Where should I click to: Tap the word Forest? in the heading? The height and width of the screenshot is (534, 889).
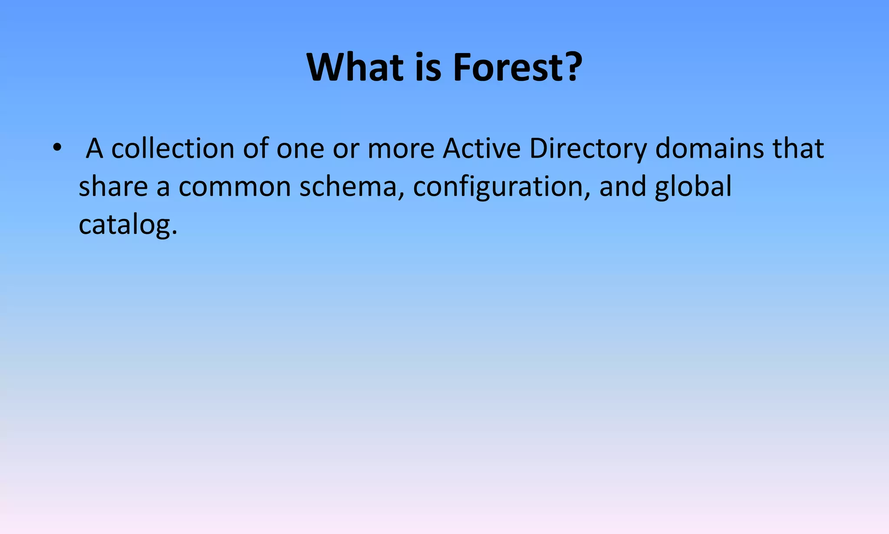click(517, 67)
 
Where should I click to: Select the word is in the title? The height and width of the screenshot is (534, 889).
click(428, 67)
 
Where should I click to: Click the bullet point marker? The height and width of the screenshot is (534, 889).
click(56, 148)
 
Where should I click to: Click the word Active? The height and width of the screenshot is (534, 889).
click(481, 149)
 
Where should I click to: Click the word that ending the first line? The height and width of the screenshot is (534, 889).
click(798, 149)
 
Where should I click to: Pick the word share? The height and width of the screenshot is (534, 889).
click(113, 186)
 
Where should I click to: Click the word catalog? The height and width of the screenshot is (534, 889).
click(128, 226)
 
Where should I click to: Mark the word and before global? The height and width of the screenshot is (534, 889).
click(622, 186)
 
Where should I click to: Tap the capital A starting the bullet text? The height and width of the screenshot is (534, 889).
click(95, 149)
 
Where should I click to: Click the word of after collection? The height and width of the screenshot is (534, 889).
click(256, 149)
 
